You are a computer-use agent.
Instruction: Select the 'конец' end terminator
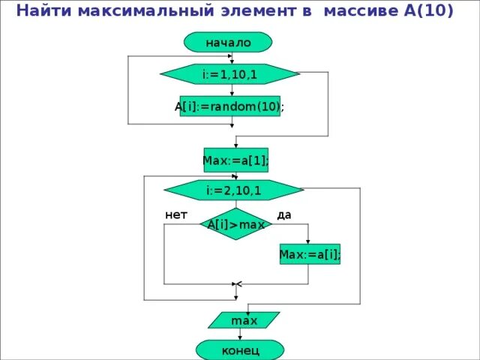point(240,350)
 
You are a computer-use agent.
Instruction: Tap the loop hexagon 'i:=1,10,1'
point(229,74)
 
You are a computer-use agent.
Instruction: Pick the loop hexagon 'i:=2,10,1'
point(233,190)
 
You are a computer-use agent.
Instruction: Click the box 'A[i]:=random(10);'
point(230,106)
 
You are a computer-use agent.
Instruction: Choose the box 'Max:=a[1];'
point(235,160)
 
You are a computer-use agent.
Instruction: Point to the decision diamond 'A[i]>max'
point(236,224)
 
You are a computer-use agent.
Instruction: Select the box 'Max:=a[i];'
point(310,255)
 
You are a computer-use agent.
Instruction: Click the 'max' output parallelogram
point(244,320)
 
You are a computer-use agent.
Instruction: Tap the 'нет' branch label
point(176,214)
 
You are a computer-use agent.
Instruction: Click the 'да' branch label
point(283,214)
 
